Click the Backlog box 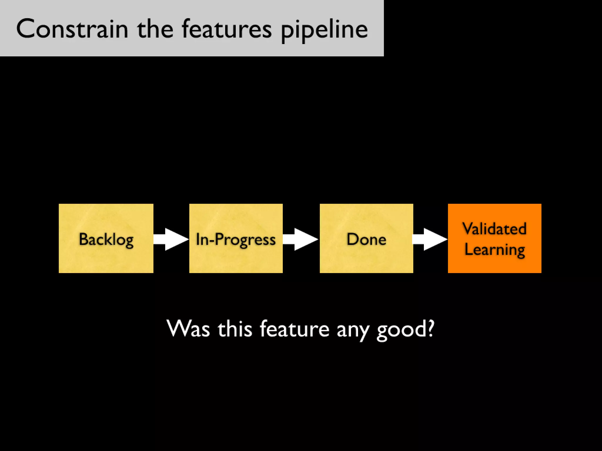[106, 238]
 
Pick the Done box [366, 238]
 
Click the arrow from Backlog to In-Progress [171, 239]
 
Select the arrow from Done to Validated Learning [430, 239]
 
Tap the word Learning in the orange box [494, 250]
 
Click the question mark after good [430, 328]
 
